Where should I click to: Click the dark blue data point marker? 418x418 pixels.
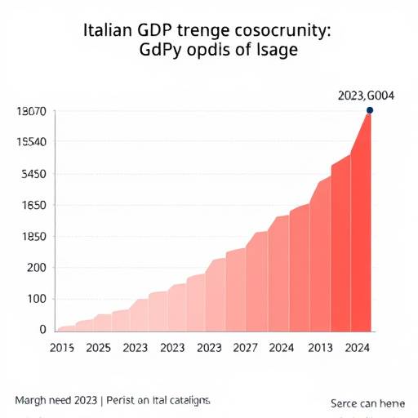(370, 110)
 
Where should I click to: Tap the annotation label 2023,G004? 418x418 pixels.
(366, 96)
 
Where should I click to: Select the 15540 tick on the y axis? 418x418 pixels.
(30, 142)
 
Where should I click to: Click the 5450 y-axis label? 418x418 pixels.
(32, 174)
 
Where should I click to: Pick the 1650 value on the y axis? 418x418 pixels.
(32, 205)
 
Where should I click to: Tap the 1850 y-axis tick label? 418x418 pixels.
(32, 237)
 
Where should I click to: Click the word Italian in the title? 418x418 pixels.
(109, 32)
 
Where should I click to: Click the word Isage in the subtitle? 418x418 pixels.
(274, 51)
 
